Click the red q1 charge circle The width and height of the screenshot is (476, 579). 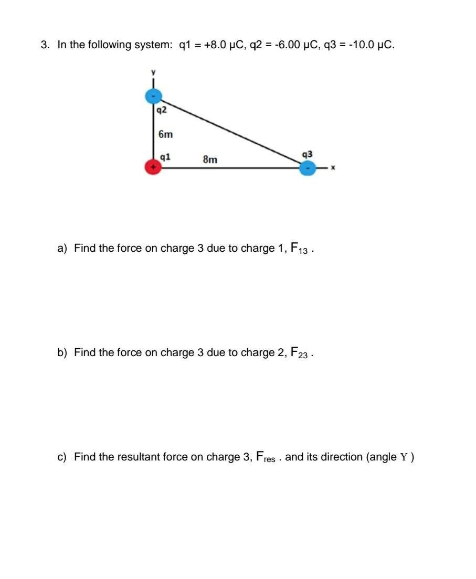pos(153,168)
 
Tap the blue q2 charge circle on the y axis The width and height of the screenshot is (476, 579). pos(153,96)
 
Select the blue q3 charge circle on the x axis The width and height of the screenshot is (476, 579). pos(308,168)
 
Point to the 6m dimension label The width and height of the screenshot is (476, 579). pos(165,134)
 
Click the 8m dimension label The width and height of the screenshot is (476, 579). pos(210,159)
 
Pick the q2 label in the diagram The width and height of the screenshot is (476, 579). pos(162,110)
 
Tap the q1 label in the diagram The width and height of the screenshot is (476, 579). pos(165,157)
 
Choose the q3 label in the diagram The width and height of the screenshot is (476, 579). pos(308,154)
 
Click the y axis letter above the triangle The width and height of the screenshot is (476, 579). pos(153,72)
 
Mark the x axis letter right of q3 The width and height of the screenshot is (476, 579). pos(332,168)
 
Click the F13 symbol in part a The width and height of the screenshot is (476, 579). pos(299,248)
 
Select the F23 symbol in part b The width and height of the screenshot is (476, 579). pos(299,352)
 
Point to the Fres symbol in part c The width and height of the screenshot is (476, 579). pos(266,457)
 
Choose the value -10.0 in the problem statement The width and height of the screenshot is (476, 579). pos(361,45)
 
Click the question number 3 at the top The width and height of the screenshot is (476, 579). pos(44,45)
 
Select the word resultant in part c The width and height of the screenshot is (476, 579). pos(153,457)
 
